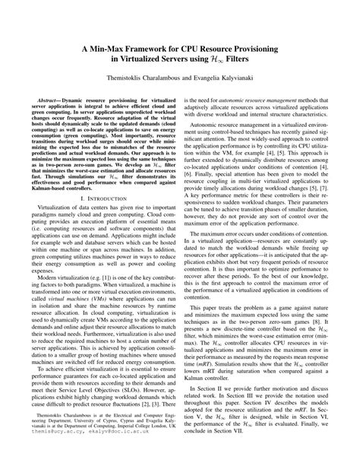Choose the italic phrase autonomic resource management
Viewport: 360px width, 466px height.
click(271, 98)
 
